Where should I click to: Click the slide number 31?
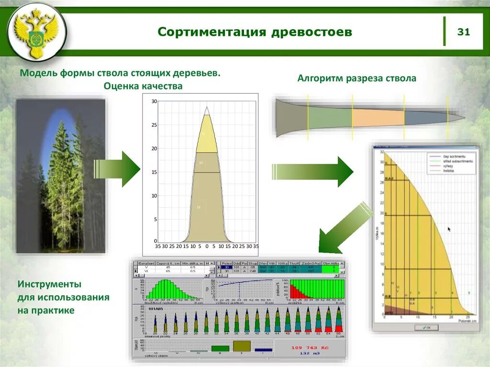(x=464, y=32)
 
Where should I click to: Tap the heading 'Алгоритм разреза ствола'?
(x=356, y=78)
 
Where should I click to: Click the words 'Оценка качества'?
(x=143, y=86)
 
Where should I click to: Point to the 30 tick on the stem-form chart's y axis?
(x=154, y=101)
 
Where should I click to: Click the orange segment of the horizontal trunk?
(x=378, y=117)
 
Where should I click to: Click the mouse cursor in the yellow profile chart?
(x=449, y=229)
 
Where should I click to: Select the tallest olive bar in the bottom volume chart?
(x=242, y=346)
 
